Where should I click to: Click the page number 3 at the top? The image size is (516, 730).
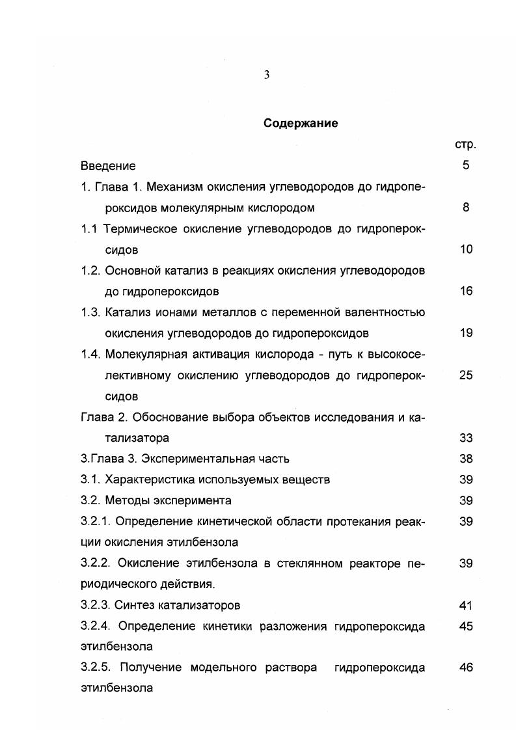point(267,75)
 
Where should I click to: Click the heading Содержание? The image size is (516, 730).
point(301,123)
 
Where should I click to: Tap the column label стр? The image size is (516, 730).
point(465,144)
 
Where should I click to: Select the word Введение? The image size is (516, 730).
point(108,166)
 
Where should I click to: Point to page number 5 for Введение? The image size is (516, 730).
point(466,165)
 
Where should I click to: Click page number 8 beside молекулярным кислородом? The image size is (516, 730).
point(466,208)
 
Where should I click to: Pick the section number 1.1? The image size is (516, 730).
point(90,229)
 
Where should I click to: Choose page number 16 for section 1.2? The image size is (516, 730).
point(466,291)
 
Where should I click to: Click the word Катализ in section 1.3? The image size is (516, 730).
point(128,312)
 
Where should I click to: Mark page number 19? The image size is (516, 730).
point(466,333)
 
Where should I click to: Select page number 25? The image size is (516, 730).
point(466,375)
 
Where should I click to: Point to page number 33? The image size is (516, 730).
point(466,438)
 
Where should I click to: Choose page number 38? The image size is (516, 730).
point(466,459)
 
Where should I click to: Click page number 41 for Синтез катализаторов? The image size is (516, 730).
point(466,605)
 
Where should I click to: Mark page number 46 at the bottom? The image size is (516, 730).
point(466,668)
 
